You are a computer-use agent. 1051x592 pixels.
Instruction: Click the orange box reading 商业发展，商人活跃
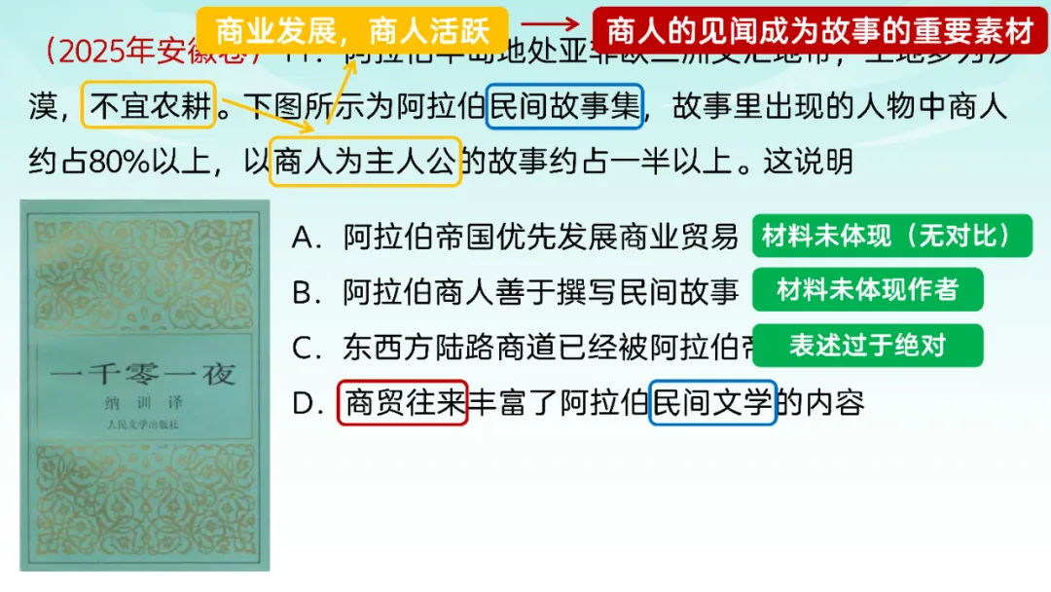click(352, 32)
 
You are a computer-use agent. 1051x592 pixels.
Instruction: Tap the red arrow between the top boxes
click(550, 26)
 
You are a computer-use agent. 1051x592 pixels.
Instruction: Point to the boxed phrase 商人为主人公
click(364, 160)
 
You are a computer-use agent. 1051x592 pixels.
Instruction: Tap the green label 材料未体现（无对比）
click(890, 237)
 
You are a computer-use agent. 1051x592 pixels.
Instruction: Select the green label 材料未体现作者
click(867, 289)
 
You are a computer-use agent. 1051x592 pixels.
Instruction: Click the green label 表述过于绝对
click(867, 345)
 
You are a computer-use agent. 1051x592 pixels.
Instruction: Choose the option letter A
click(306, 237)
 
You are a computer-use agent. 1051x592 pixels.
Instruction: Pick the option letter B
click(306, 291)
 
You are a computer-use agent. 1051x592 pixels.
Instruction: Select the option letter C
click(306, 347)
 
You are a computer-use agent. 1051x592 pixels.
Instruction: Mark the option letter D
click(307, 402)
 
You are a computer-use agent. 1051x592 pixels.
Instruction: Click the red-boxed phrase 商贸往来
click(403, 402)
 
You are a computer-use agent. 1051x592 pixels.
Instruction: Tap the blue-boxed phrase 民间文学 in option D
click(712, 402)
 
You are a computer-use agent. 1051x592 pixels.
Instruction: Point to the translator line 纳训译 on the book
click(143, 403)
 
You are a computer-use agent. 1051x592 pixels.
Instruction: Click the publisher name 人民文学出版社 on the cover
click(143, 425)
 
